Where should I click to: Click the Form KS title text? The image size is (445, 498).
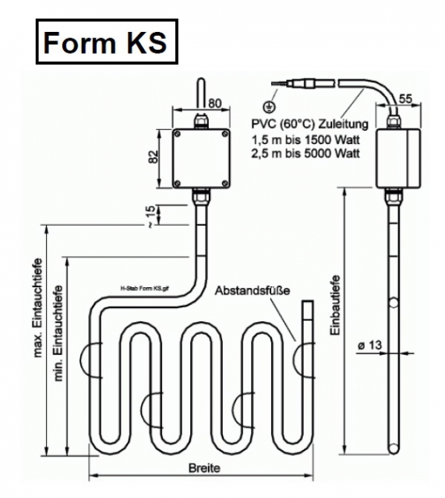click(105, 42)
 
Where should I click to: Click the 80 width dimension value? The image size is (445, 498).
click(215, 103)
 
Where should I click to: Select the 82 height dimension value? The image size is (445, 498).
click(154, 156)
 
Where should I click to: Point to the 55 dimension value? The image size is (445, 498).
click(405, 99)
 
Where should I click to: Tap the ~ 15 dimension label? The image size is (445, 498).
click(151, 216)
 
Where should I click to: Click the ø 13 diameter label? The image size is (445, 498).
click(369, 345)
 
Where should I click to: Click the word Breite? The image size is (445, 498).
click(204, 468)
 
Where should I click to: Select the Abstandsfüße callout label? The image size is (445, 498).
click(253, 290)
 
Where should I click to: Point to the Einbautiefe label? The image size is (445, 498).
click(334, 305)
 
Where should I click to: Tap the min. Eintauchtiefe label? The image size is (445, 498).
click(58, 333)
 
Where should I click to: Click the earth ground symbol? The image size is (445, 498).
click(270, 107)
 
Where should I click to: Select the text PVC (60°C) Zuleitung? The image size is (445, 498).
click(310, 124)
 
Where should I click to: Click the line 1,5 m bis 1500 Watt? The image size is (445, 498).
click(305, 139)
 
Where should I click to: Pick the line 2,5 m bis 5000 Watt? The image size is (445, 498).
click(305, 153)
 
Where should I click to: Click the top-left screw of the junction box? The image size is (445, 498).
click(178, 134)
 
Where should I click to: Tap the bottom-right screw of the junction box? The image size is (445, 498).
click(225, 184)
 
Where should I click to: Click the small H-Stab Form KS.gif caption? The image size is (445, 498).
click(145, 289)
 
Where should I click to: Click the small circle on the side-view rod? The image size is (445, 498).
click(394, 303)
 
